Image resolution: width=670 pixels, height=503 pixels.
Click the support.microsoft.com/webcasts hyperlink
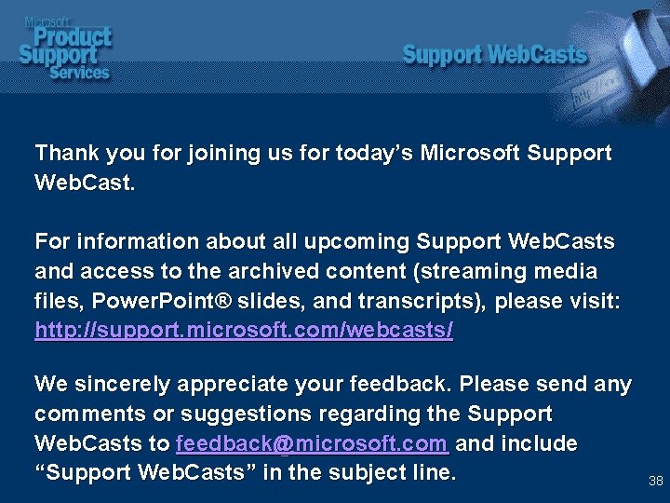[x=244, y=331]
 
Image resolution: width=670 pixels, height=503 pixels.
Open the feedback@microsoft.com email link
[x=312, y=443]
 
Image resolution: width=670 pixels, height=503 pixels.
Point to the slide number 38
[x=655, y=482]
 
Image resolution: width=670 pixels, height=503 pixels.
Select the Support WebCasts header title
[x=494, y=55]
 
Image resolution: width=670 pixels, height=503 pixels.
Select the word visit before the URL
[x=590, y=302]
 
